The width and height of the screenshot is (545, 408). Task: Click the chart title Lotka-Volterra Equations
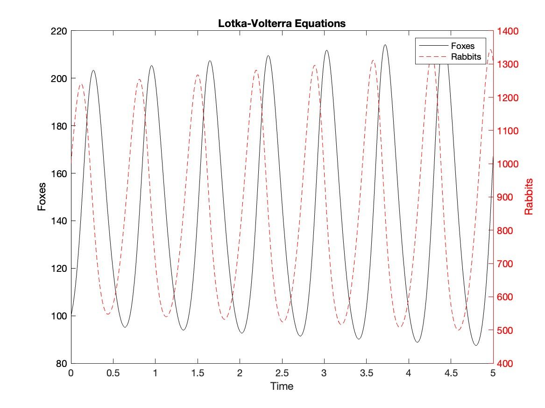coord(282,23)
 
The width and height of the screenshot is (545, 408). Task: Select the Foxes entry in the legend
coord(462,46)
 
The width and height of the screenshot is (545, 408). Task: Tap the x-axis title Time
coord(282,386)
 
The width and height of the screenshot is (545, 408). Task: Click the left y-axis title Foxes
coord(42,197)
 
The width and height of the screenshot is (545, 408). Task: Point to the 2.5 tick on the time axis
coord(282,373)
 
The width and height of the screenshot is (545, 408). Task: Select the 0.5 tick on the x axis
coord(113,373)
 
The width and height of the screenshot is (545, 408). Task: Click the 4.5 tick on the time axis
coord(451,373)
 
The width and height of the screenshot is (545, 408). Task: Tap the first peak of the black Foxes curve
coord(93,70)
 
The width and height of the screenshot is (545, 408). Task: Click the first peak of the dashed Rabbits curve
coord(81,84)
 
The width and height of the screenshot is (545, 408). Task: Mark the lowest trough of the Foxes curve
coord(476,346)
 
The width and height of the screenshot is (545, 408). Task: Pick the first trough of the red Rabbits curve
coord(108,314)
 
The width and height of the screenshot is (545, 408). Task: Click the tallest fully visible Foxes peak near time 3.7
coord(385,45)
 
